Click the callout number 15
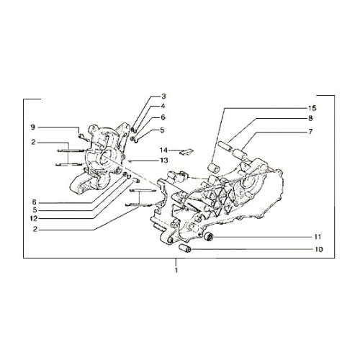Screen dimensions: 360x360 click(x=312, y=108)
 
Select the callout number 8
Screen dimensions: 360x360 click(x=310, y=118)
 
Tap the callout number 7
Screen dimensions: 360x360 click(x=310, y=132)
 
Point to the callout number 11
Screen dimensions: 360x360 click(x=318, y=237)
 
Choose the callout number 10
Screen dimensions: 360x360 click(x=319, y=250)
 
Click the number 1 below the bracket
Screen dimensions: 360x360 click(x=176, y=270)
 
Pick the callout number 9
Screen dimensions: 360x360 click(x=32, y=127)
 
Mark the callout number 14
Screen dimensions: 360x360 click(x=163, y=150)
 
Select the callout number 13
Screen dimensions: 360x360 click(x=164, y=160)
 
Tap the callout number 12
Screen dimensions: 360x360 click(x=34, y=219)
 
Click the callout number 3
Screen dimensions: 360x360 click(x=163, y=96)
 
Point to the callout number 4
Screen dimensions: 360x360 click(x=163, y=106)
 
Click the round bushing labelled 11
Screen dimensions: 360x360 click(x=209, y=237)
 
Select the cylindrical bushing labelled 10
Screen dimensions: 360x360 click(x=185, y=248)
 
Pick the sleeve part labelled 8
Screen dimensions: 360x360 click(x=225, y=147)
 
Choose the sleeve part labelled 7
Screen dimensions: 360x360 click(x=239, y=155)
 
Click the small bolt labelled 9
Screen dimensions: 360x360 click(x=84, y=138)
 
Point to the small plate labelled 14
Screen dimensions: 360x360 click(x=186, y=152)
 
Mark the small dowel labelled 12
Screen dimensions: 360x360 click(x=136, y=180)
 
